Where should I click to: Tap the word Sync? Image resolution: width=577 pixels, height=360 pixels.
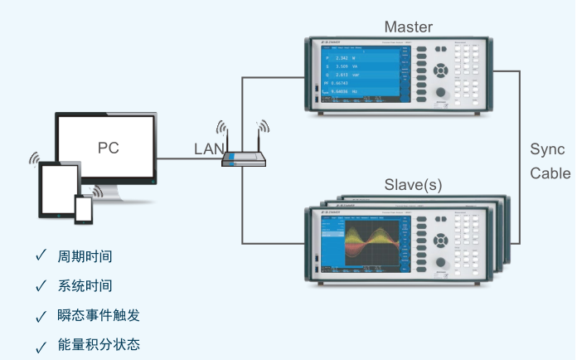click(x=547, y=150)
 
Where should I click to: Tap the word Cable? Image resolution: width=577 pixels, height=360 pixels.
click(x=550, y=173)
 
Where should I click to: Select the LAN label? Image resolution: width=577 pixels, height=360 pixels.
click(x=208, y=149)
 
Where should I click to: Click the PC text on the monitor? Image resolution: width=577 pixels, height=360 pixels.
click(x=108, y=148)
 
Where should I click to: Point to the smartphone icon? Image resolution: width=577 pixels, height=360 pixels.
click(x=84, y=209)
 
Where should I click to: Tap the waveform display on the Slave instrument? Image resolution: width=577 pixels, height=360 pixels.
click(x=365, y=241)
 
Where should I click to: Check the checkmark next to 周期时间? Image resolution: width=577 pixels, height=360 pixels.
click(x=41, y=255)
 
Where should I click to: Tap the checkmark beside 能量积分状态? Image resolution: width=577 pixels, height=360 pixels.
click(x=41, y=345)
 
